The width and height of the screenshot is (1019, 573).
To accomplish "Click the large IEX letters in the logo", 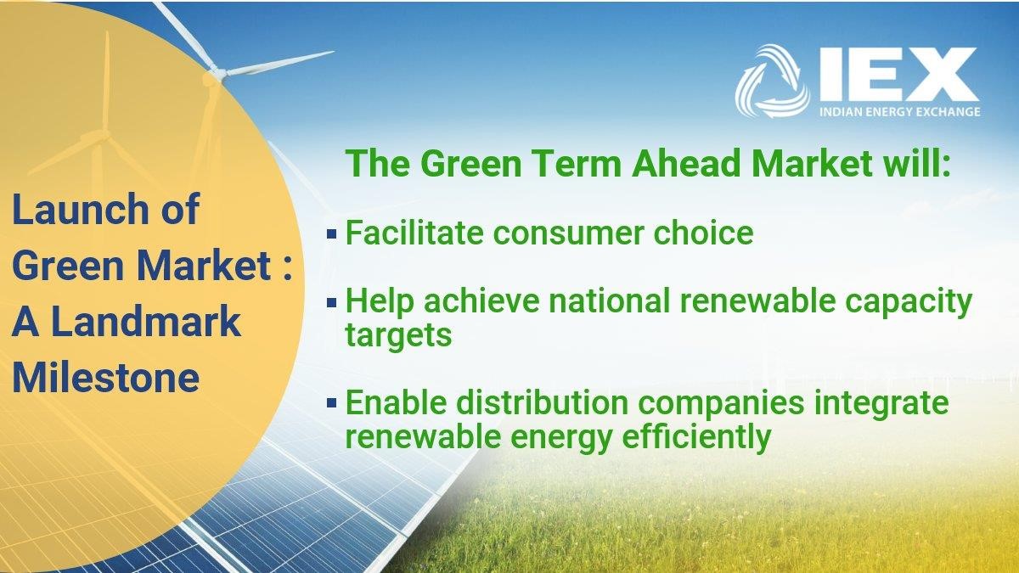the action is pos(899,75).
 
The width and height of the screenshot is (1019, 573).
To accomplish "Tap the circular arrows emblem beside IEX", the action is pos(772,81).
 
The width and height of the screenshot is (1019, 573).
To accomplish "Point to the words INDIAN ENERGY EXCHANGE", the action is pos(900,112).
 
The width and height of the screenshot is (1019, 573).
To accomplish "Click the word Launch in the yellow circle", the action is pos(80,209).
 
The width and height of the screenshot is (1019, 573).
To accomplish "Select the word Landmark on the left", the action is pos(146,322).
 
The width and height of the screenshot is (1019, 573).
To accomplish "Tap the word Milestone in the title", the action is pos(105,378).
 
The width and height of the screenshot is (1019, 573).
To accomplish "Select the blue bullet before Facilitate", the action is pos(332,233).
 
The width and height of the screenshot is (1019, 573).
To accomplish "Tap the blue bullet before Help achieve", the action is pos(332,302).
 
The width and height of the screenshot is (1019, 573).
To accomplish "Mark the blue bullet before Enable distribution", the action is pos(332,402).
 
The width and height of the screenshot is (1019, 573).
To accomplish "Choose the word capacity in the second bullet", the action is pos(909,302).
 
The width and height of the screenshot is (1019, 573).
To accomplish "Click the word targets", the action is pos(398,335).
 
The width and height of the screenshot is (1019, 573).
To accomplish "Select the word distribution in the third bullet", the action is pos(543,403).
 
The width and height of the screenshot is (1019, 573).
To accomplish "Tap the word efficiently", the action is pos(696,437).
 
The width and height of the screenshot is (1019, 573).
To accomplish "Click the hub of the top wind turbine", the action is pos(217,72).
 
